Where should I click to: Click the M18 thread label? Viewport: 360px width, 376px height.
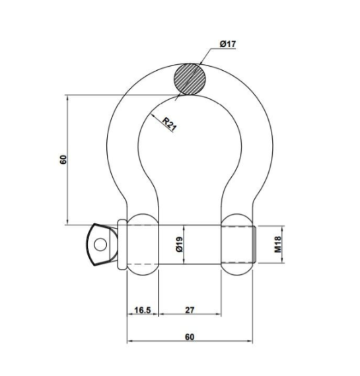click(278, 246)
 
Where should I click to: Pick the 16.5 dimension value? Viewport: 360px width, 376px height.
click(143, 309)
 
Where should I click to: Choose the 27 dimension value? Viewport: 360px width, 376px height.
click(190, 309)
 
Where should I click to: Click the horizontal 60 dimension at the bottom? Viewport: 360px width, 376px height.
click(190, 336)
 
